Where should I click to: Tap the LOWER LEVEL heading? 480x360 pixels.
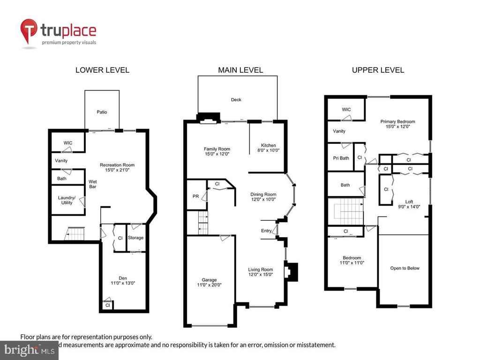pyautogui.click(x=102, y=70)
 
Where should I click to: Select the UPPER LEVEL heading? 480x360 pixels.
pyautogui.click(x=378, y=70)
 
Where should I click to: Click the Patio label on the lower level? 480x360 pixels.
pyautogui.click(x=102, y=112)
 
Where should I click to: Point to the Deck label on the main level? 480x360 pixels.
pyautogui.click(x=236, y=100)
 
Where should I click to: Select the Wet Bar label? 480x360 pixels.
pyautogui.click(x=92, y=184)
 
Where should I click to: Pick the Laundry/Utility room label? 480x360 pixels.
pyautogui.click(x=67, y=200)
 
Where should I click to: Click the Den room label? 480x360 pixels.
pyautogui.click(x=122, y=278)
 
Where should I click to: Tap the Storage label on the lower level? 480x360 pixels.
pyautogui.click(x=135, y=238)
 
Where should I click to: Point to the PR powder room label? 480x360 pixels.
pyautogui.click(x=195, y=196)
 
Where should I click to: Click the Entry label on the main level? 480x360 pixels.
pyautogui.click(x=266, y=231)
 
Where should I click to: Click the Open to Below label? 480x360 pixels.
pyautogui.click(x=405, y=268)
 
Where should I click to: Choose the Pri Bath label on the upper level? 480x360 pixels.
pyautogui.click(x=341, y=158)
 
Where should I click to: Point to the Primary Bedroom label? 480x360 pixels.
pyautogui.click(x=397, y=121)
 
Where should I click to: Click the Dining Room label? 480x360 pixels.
pyautogui.click(x=263, y=194)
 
